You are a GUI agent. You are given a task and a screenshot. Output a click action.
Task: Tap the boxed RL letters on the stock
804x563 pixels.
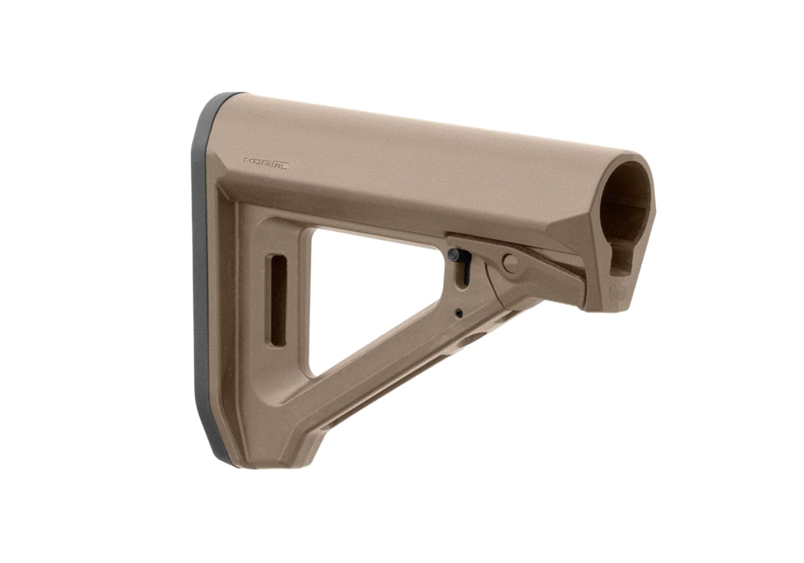click(280, 164)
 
